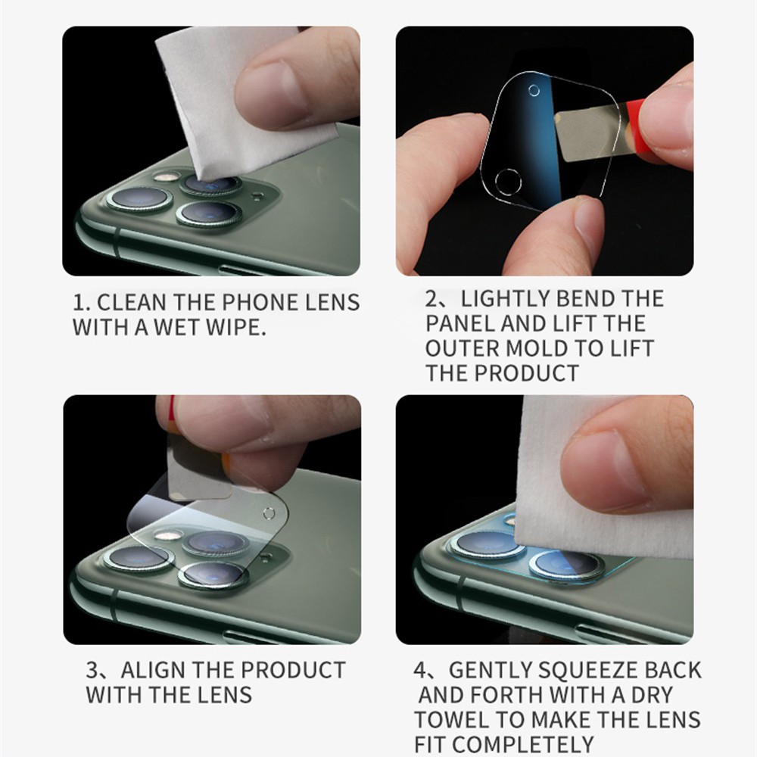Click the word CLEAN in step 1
tap(132, 303)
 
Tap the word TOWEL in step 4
tap(452, 720)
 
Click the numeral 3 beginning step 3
tap(92, 670)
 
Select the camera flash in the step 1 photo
tap(167, 176)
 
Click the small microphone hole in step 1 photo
tap(258, 195)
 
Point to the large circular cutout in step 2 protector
tap(508, 182)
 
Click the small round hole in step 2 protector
tap(534, 90)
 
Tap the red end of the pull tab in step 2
tap(634, 130)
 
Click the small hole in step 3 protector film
tap(269, 513)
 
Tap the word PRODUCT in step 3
tap(292, 670)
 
